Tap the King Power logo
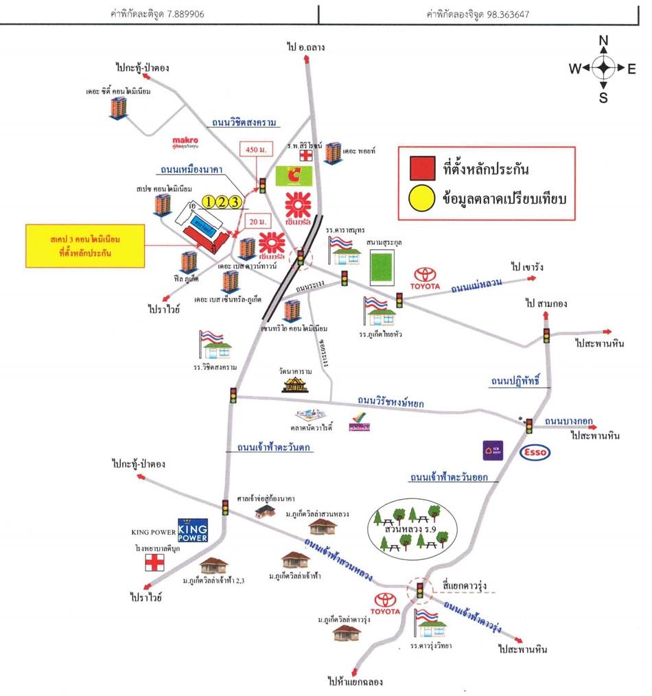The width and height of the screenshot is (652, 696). (192, 530)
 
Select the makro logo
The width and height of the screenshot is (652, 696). (185, 142)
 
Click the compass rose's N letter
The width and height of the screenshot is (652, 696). (604, 41)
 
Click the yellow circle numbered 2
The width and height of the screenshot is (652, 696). (221, 201)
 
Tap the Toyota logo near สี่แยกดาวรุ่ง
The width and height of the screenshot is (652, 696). (384, 603)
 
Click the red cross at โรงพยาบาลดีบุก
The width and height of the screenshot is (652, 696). (154, 563)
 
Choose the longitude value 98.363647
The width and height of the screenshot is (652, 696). (506, 13)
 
